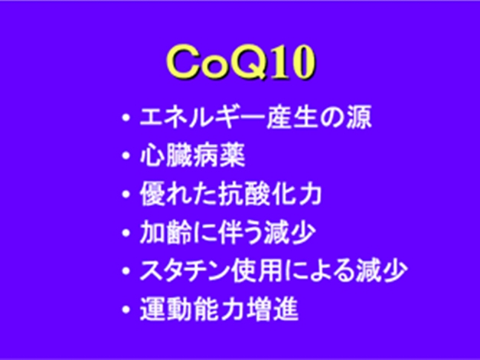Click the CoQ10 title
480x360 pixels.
click(241, 63)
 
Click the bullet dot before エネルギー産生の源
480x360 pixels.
click(126, 117)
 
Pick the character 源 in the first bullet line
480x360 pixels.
click(359, 116)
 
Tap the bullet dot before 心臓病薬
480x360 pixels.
click(126, 156)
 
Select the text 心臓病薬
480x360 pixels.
click(192, 155)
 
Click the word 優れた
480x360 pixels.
click(178, 194)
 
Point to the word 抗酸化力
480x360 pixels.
click(269, 194)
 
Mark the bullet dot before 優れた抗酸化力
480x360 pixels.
click(126, 195)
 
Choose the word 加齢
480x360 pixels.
click(165, 232)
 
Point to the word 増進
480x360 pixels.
click(273, 309)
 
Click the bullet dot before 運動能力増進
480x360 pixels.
click(126, 309)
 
